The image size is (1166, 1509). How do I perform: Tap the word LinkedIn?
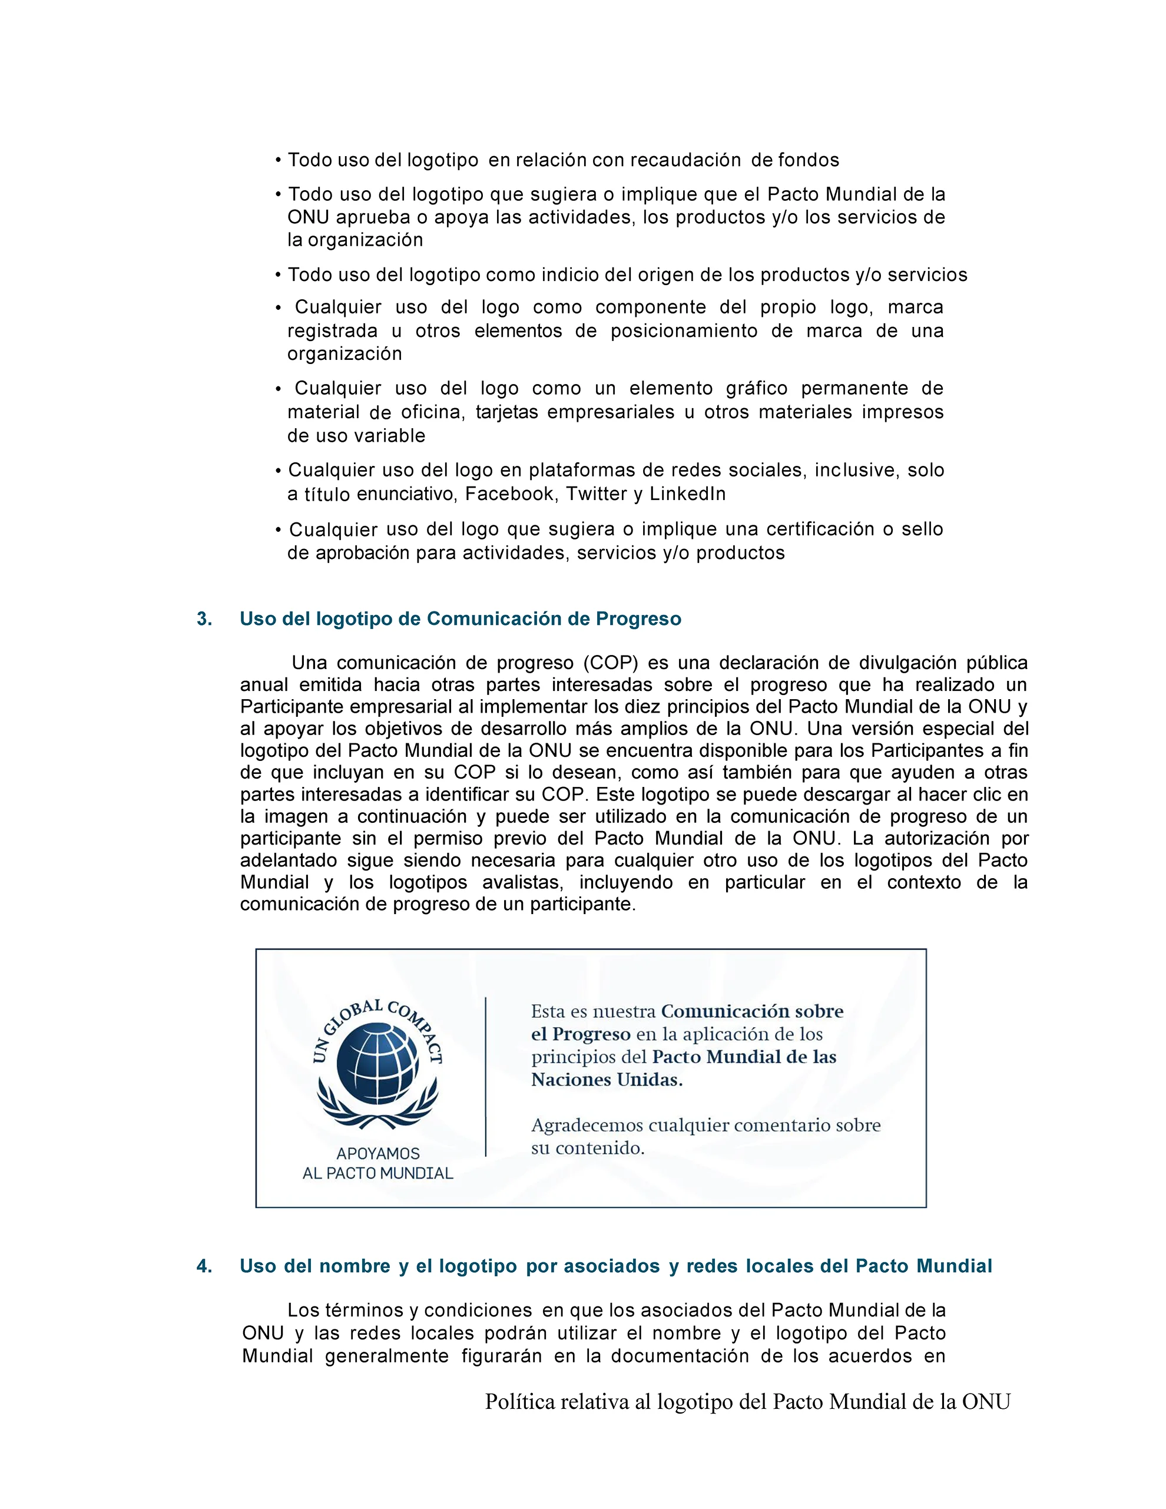(x=687, y=494)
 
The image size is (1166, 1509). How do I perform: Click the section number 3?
(x=204, y=618)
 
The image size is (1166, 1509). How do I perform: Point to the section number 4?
(x=204, y=1266)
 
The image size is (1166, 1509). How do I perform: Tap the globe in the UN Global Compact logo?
(x=377, y=1065)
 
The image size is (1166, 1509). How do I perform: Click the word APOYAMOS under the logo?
(x=378, y=1153)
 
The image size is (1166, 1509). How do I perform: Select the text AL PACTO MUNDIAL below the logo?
(x=378, y=1173)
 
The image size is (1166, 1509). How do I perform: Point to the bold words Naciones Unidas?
(x=607, y=1080)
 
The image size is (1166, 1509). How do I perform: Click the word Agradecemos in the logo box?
(x=587, y=1126)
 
